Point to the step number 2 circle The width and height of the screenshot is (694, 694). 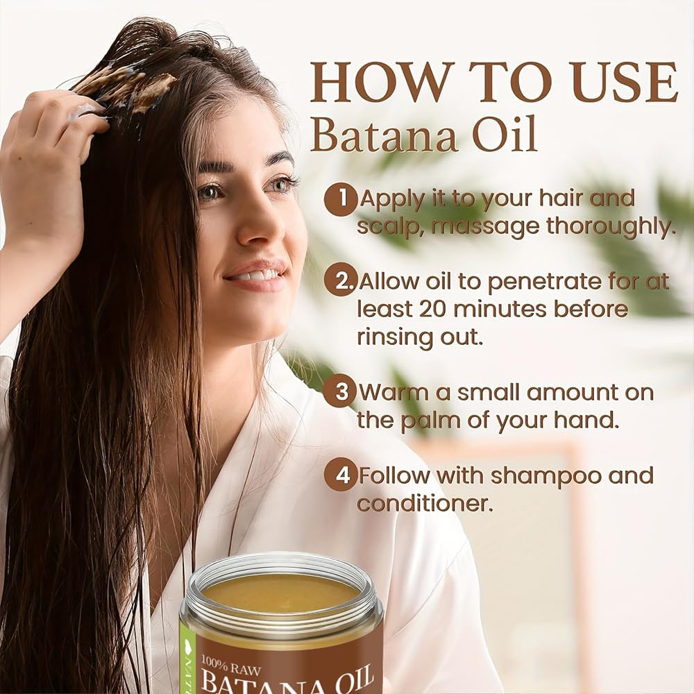click(340, 280)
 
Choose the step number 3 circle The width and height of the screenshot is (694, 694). click(340, 391)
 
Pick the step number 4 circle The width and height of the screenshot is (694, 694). click(340, 475)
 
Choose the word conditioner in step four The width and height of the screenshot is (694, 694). click(425, 504)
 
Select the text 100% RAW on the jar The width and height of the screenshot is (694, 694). click(231, 666)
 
